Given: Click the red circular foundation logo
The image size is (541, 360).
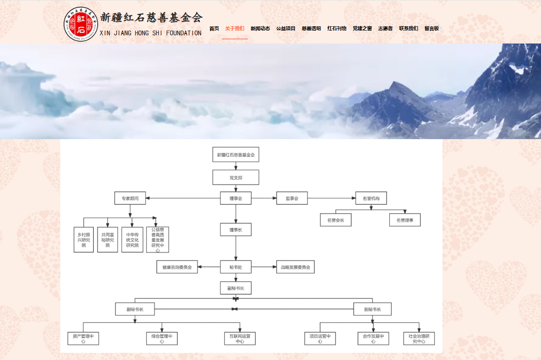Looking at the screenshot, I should tap(81, 24).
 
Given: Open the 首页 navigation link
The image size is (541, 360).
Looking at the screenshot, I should tap(214, 29).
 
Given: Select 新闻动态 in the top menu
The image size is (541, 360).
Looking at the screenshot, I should tap(260, 29).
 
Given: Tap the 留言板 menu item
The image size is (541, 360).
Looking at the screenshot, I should tap(431, 29).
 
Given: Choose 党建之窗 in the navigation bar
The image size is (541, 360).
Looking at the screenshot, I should tap(362, 29).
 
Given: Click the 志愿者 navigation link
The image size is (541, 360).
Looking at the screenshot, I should tap(385, 29).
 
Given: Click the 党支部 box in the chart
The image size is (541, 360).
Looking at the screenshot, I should tap(236, 177).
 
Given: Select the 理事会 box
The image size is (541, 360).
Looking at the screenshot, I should tap(236, 198).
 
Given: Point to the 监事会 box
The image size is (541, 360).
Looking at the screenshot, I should tap(292, 198).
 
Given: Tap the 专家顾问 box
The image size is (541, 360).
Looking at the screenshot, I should tap(130, 198).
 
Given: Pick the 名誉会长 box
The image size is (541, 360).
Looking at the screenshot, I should tap(336, 220).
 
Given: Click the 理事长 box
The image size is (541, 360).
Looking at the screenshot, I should tap(236, 229).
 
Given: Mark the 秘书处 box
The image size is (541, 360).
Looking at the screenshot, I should tap(236, 267).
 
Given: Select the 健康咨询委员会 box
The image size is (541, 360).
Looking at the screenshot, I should tap(177, 267).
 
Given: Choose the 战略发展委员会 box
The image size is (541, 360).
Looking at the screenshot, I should tap(296, 267).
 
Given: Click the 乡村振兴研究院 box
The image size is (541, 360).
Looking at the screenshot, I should tap(84, 240).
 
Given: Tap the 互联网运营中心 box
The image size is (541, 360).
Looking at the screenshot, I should tap(240, 338).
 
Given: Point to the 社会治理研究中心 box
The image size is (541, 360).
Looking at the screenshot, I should tap(419, 338).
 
